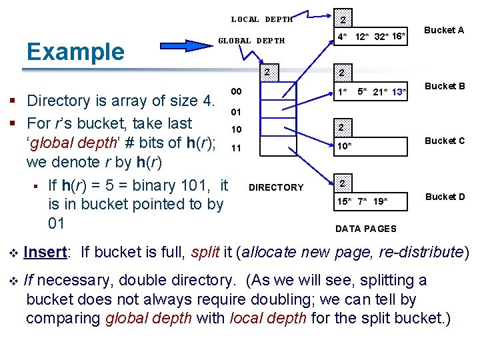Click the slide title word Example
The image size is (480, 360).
(74, 51)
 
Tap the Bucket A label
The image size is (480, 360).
(444, 30)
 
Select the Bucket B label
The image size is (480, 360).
(445, 86)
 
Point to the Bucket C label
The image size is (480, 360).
(445, 141)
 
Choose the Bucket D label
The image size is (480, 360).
(445, 197)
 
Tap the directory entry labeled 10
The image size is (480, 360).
(236, 129)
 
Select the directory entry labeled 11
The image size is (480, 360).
(236, 148)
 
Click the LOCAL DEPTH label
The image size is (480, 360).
(262, 19)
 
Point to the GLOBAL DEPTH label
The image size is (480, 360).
(251, 41)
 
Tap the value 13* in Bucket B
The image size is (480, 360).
(399, 91)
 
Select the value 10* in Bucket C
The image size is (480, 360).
(344, 145)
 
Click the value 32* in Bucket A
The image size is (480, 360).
(381, 36)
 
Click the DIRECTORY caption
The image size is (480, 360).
(275, 187)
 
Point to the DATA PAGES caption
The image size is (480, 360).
(365, 229)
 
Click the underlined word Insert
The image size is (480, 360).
(45, 252)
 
